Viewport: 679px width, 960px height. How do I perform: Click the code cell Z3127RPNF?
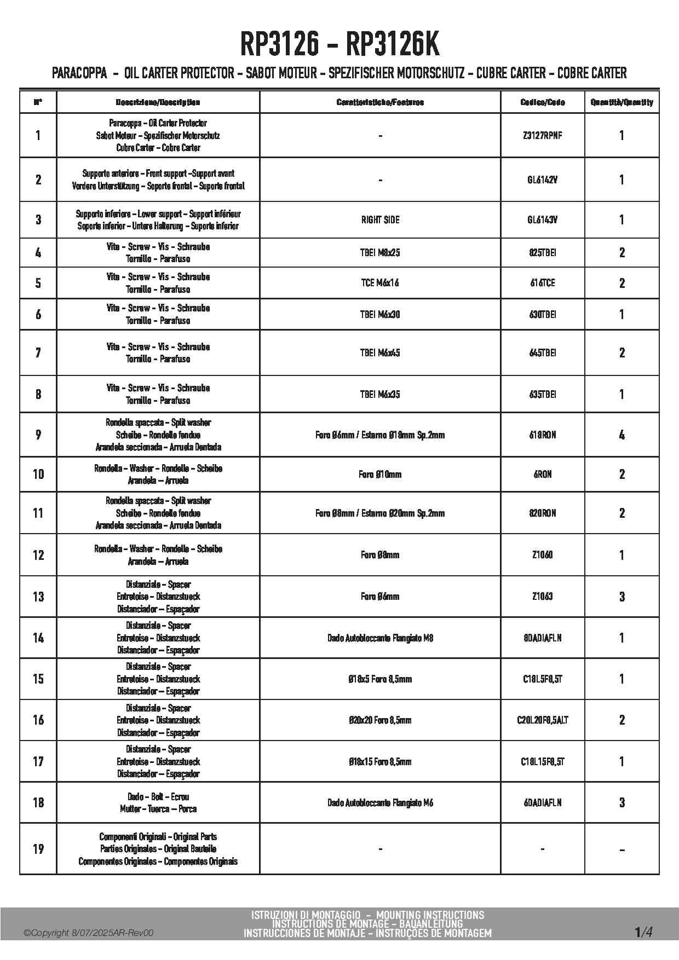point(542,135)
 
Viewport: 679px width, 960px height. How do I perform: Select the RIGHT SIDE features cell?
point(380,220)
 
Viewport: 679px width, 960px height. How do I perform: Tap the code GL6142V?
point(542,180)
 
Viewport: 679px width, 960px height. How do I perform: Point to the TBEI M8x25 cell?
point(380,253)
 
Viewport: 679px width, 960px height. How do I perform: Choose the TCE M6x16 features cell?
point(380,283)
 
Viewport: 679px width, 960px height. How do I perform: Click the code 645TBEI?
point(542,353)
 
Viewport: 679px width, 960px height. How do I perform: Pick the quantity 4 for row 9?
point(622,435)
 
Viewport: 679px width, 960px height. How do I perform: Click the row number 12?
point(38,555)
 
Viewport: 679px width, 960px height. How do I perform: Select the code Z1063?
point(542,597)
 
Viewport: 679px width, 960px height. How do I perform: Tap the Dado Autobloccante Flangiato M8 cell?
point(380,638)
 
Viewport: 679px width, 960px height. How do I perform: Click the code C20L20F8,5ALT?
point(542,720)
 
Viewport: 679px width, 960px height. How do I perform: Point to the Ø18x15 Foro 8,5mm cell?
point(380,762)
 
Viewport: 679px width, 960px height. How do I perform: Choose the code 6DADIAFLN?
point(542,803)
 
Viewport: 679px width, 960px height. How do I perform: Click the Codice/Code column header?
point(542,102)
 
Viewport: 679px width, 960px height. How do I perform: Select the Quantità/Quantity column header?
point(622,102)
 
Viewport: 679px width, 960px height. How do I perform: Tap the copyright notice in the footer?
point(88,933)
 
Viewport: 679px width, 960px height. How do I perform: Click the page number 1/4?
point(643,932)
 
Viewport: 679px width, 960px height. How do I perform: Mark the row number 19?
point(38,849)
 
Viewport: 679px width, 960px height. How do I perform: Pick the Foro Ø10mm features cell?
point(380,475)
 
